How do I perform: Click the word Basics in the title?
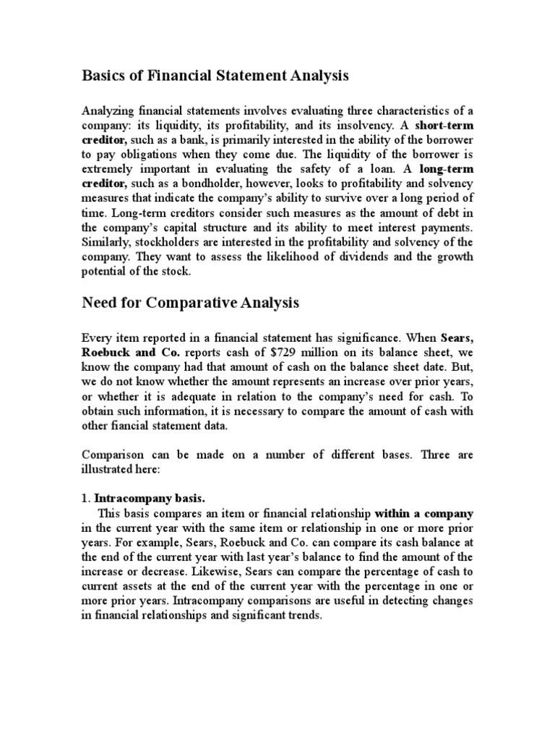click(106, 75)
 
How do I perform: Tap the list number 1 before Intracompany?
click(85, 498)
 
